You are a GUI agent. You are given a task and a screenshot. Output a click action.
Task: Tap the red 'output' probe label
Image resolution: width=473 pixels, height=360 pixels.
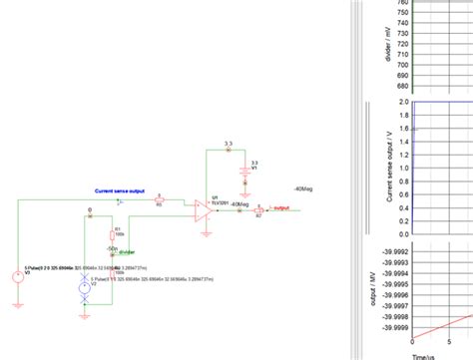tap(282, 208)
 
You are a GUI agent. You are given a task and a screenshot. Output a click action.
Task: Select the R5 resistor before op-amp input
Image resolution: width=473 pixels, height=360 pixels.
tap(160, 200)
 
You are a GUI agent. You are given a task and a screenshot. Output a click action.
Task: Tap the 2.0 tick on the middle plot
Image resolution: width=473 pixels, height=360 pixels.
tap(405, 102)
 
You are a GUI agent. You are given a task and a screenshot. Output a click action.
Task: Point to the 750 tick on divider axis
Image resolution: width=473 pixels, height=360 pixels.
tap(402, 12)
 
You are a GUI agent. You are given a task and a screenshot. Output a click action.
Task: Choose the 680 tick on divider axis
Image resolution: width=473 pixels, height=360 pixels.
tap(402, 86)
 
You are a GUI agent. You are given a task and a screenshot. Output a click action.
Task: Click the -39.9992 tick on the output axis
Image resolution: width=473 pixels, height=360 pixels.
tap(395, 253)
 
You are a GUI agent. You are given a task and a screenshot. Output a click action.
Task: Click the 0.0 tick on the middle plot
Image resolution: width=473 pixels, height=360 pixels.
tap(405, 234)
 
